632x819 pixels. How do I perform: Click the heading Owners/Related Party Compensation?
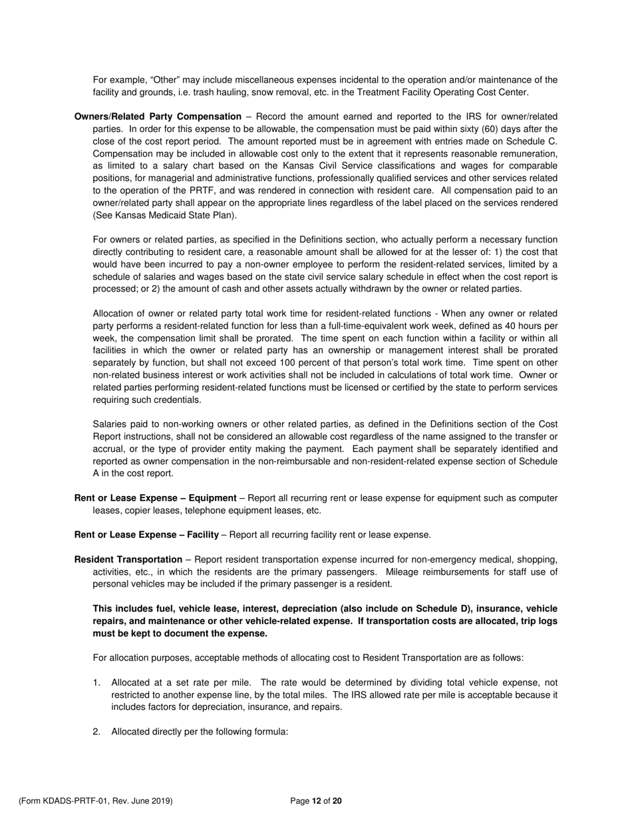coord(158,117)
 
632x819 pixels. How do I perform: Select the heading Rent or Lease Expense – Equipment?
coord(155,498)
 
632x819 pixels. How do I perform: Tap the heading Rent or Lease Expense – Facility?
coord(146,535)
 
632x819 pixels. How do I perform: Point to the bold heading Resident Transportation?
coord(128,559)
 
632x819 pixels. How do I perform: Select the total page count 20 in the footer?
coord(337,801)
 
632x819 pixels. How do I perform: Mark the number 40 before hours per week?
coord(501,326)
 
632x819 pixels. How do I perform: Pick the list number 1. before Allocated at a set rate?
coord(97,682)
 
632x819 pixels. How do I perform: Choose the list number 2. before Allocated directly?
coord(97,731)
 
